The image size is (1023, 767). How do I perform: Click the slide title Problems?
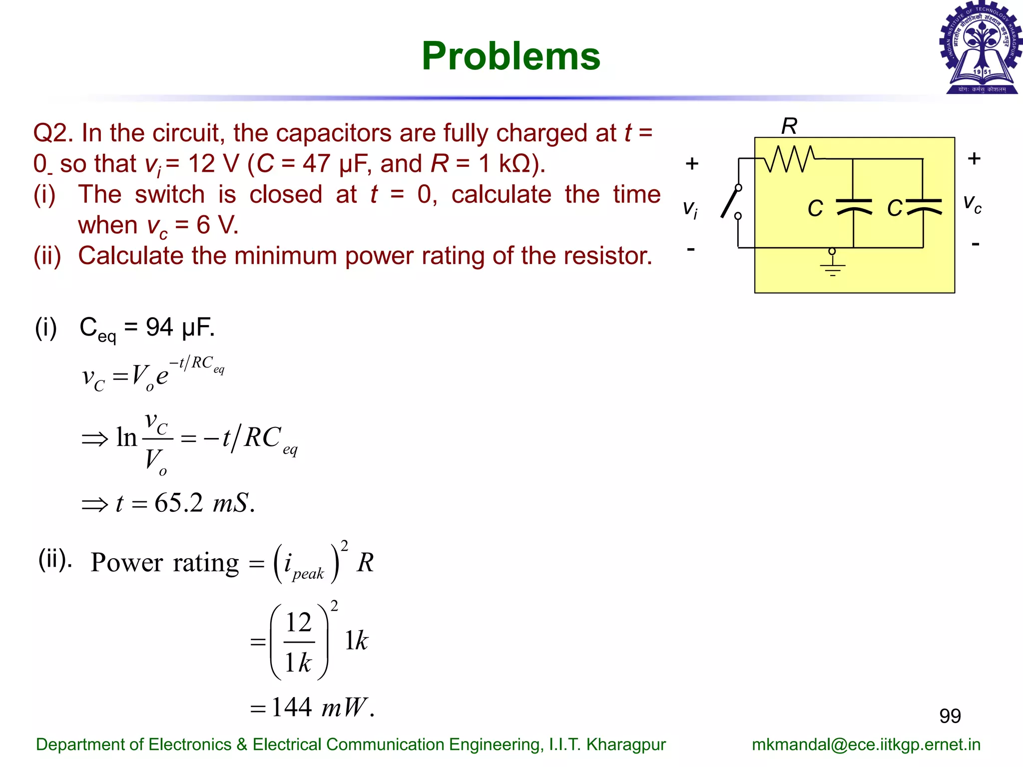pyautogui.click(x=511, y=56)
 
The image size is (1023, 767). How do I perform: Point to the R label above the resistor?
pyautogui.click(x=789, y=126)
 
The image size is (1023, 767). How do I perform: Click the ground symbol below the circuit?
pyautogui.click(x=832, y=265)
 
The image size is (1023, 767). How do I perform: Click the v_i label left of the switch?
pyautogui.click(x=690, y=209)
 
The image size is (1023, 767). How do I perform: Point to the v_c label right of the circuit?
pyautogui.click(x=972, y=204)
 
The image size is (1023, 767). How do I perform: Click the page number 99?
pyautogui.click(x=950, y=716)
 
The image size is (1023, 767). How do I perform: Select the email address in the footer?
pyautogui.click(x=866, y=745)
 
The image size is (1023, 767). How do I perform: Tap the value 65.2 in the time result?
pyautogui.click(x=179, y=503)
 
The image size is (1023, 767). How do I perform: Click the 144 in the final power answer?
pyautogui.click(x=292, y=707)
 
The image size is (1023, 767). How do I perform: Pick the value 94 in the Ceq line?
pyautogui.click(x=159, y=328)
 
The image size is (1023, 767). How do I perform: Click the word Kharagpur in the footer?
pyautogui.click(x=626, y=745)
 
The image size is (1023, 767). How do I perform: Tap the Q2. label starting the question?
pyautogui.click(x=53, y=133)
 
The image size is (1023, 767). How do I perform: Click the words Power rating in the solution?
pyautogui.click(x=165, y=563)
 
